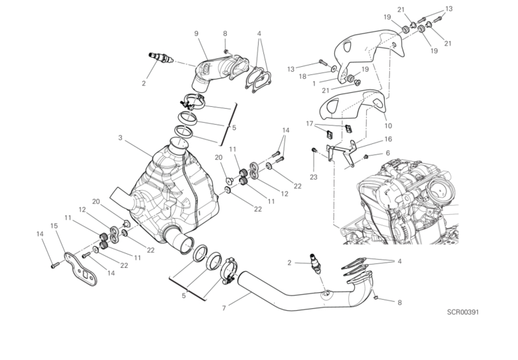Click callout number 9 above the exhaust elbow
pyautogui.click(x=196, y=33)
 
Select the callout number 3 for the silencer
pyautogui.click(x=120, y=137)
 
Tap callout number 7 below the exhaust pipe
pyautogui.click(x=224, y=308)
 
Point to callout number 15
pyautogui.click(x=54, y=226)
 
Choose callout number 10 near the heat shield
pyautogui.click(x=388, y=126)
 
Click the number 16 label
pyautogui.click(x=388, y=139)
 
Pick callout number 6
pyautogui.click(x=388, y=153)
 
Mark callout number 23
pyautogui.click(x=314, y=177)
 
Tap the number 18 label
pyautogui.click(x=302, y=77)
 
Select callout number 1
pyautogui.click(x=314, y=84)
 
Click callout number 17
pyautogui.click(x=310, y=123)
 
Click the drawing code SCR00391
pyautogui.click(x=463, y=312)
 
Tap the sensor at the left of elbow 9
pyautogui.click(x=161, y=58)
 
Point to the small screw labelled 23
pyautogui.click(x=314, y=150)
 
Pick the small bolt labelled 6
pyautogui.click(x=366, y=156)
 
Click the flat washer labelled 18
pyautogui.click(x=334, y=69)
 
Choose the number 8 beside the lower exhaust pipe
pyautogui.click(x=399, y=302)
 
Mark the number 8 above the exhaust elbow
pyautogui.click(x=225, y=33)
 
